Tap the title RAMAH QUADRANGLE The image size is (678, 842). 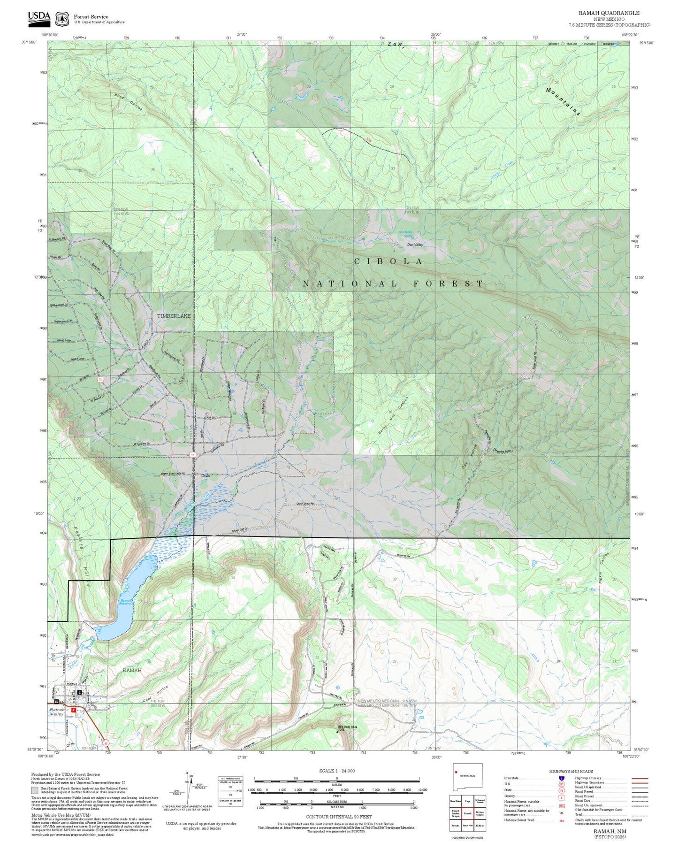(609, 13)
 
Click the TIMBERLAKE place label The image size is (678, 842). (174, 316)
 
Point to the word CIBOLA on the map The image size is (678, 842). (389, 261)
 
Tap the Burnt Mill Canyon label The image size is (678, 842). (394, 415)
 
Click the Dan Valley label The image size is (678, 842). (415, 245)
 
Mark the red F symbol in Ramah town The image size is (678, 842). (73, 710)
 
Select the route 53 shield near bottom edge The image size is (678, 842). (106, 743)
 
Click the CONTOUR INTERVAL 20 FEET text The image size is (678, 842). (337, 817)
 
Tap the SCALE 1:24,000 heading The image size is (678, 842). (337, 771)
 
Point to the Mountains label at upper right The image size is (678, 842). (563, 101)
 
